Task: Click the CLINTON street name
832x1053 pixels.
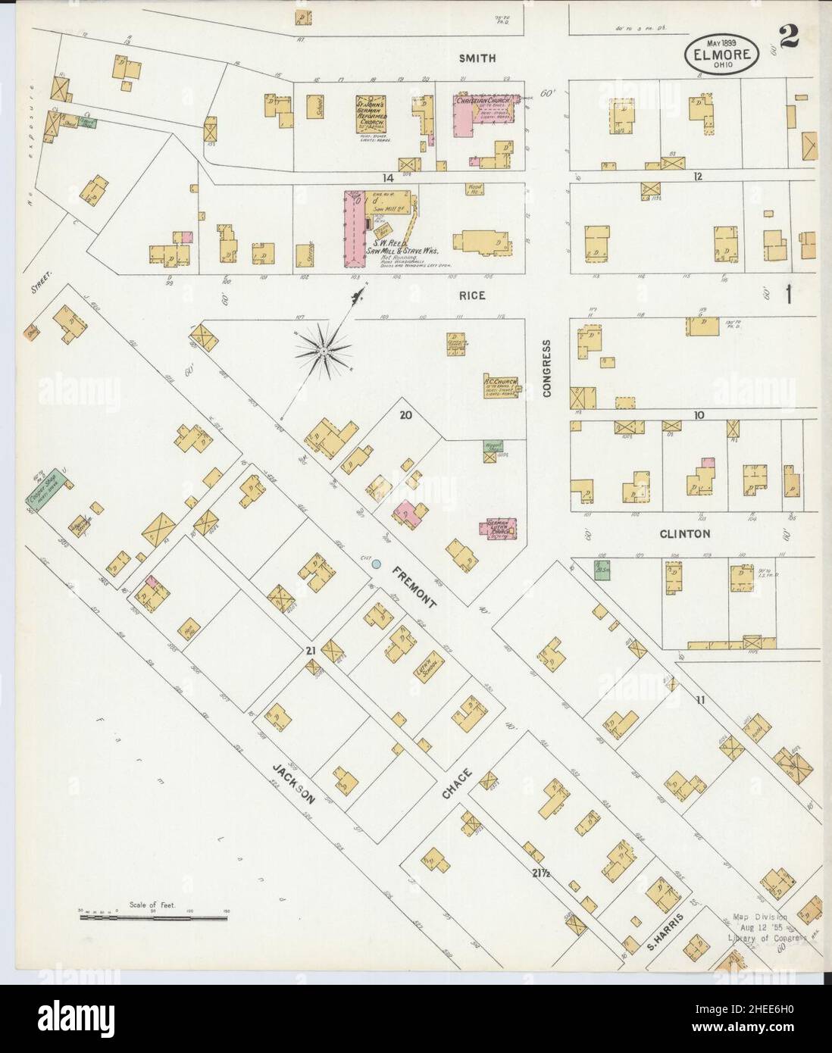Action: point(684,534)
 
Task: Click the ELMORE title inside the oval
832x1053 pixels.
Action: point(721,55)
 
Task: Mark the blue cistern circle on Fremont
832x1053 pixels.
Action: point(376,564)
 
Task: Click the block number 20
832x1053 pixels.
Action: point(406,414)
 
